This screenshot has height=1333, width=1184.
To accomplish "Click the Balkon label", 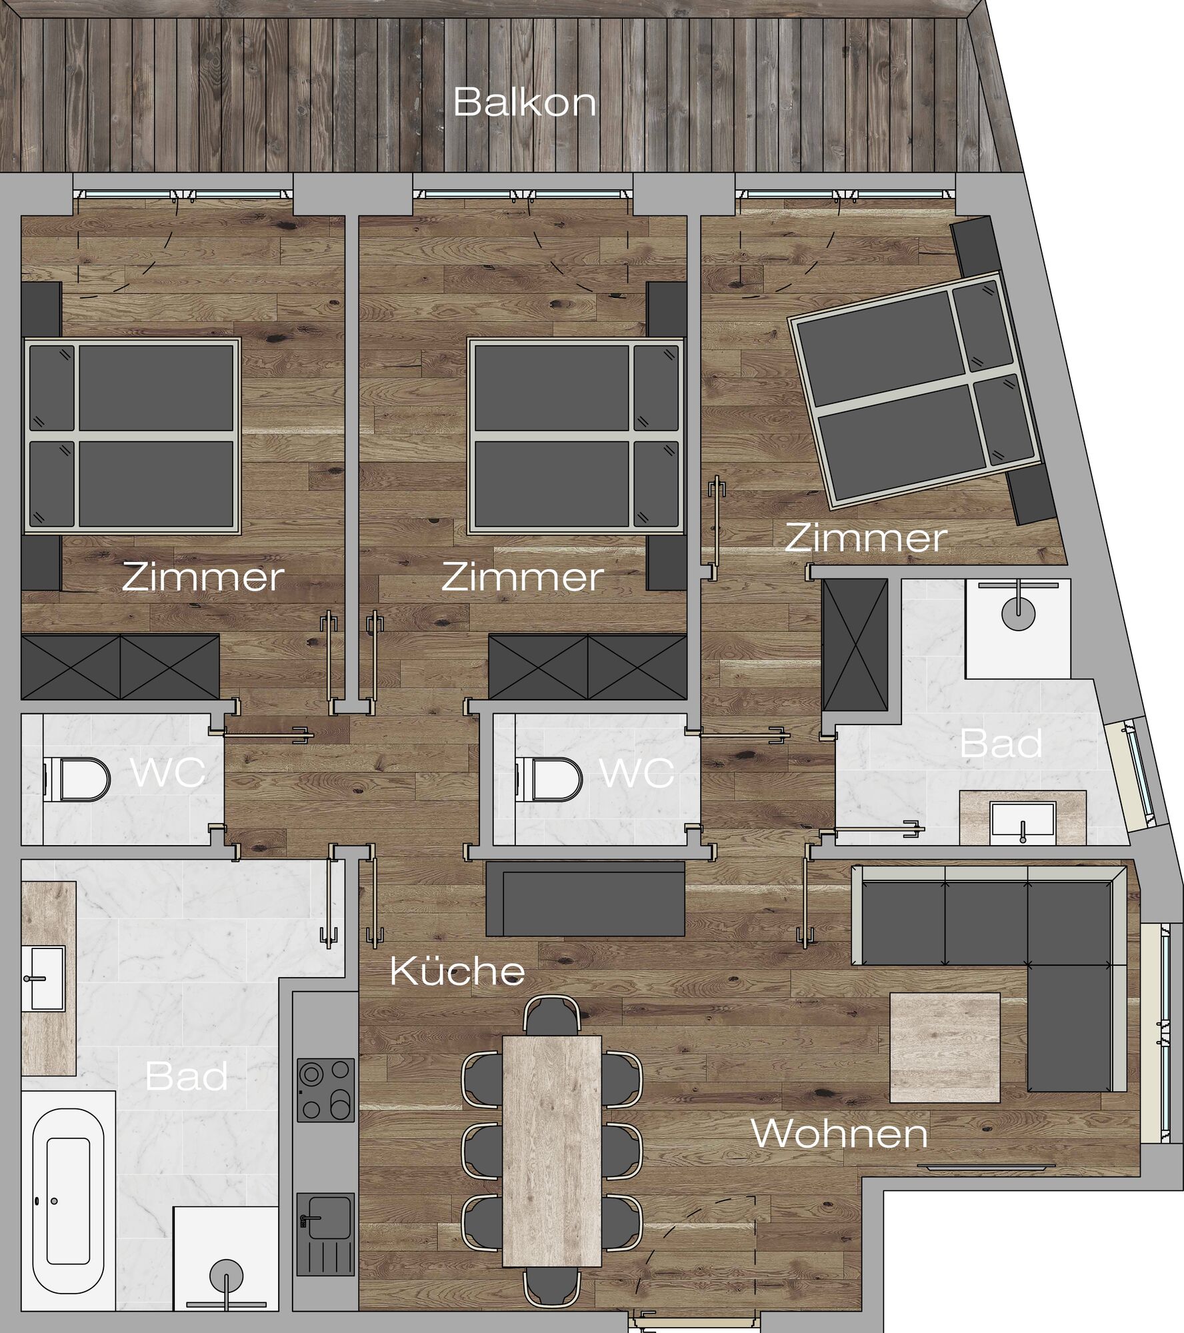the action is pos(525,103).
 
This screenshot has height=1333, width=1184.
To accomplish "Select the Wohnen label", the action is pos(839,1133).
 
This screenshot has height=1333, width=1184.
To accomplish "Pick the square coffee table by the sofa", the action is pos(945,1047).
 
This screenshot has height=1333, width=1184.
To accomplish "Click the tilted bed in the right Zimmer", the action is pos(915,389).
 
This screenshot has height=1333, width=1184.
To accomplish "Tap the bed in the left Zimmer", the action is pos(133,437).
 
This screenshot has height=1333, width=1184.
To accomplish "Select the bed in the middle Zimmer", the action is pos(576,437).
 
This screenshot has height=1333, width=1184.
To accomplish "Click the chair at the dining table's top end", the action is pos(551,1016).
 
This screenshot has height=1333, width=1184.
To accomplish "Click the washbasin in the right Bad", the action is pos(1023,822).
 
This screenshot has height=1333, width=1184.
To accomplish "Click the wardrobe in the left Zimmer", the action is pos(120,666).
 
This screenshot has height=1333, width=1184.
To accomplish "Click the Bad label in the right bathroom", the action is pos(1001,744).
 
